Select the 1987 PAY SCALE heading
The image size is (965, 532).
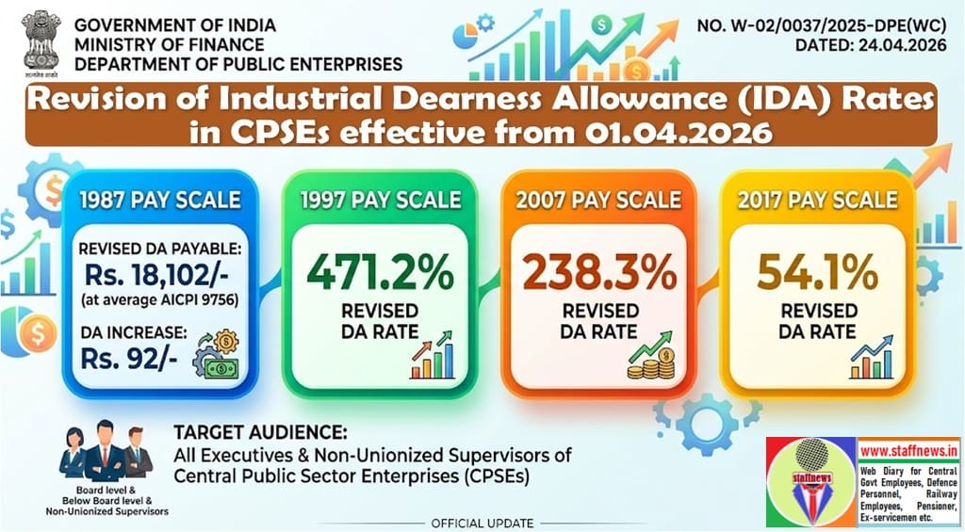point(160,200)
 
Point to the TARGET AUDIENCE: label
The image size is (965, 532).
point(260,434)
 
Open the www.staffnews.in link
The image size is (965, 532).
point(907,450)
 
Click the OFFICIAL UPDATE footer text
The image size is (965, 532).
point(482,523)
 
